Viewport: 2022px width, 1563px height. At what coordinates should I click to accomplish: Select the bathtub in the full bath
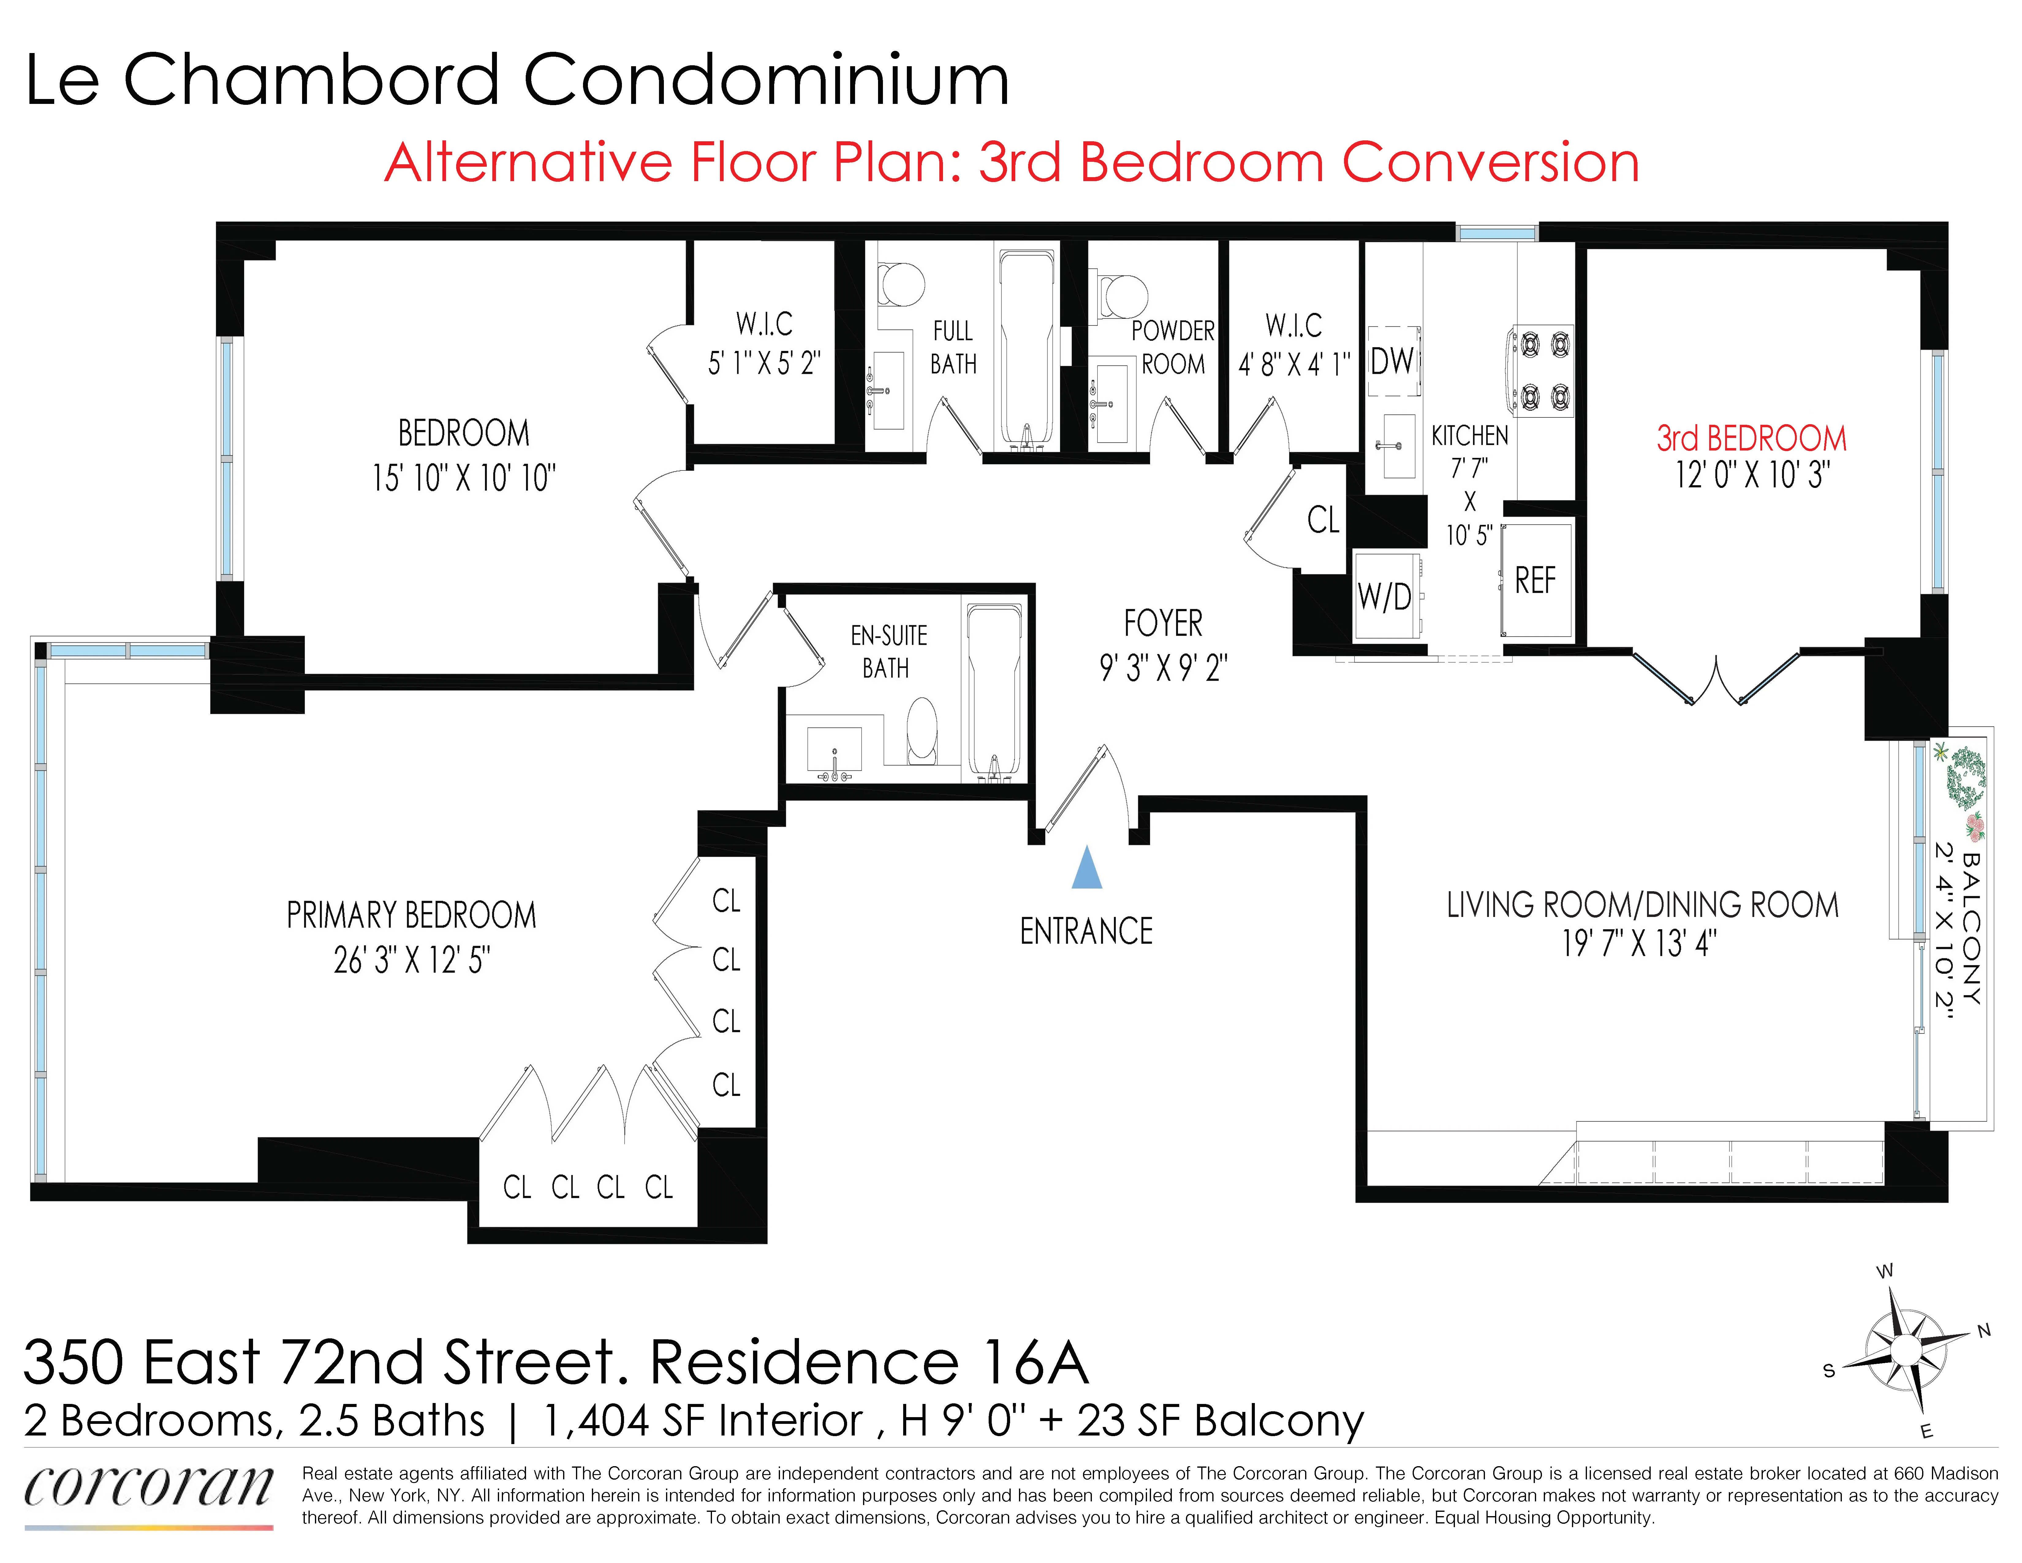click(x=1026, y=347)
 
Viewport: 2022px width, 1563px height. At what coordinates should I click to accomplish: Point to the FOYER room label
click(x=1163, y=623)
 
